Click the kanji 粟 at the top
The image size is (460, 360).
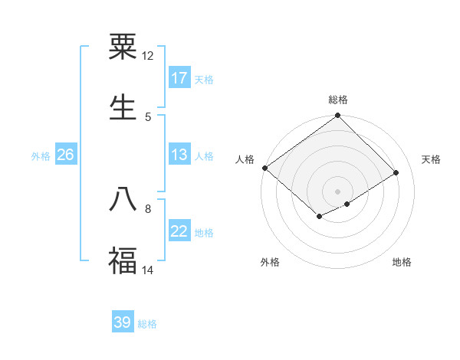pos(123,47)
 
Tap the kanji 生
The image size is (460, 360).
pos(123,107)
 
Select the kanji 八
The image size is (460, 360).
pos(123,199)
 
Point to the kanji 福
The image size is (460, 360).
pos(123,260)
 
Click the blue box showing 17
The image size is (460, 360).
pos(179,78)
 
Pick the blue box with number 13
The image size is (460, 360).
pos(179,155)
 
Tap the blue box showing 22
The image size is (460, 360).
pos(179,232)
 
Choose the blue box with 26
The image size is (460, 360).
pos(65,155)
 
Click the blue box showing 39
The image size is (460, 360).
pos(123,322)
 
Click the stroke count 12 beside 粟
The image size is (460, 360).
pos(148,56)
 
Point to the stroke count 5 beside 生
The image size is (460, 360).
pos(148,116)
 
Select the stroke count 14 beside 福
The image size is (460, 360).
pos(148,270)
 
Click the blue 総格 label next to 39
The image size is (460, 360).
pos(147,324)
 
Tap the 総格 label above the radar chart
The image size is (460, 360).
pos(338,100)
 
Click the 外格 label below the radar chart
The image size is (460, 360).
pos(270,262)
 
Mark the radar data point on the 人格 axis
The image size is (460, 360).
pos(264,168)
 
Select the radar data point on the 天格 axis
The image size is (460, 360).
pos(396,173)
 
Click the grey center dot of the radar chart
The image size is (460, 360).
pos(338,190)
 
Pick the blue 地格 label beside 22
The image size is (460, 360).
pos(204,233)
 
